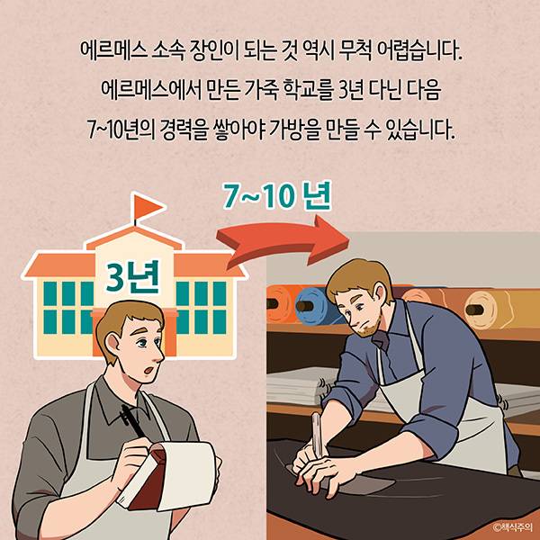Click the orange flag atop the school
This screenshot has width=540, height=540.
tap(147, 207)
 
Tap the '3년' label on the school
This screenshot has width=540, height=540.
tap(132, 277)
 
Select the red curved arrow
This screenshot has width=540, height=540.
tap(283, 241)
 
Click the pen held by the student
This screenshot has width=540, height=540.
tap(132, 421)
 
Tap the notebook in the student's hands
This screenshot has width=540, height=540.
tap(169, 475)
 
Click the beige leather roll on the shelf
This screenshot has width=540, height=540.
tap(487, 309)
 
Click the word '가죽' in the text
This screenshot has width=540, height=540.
tap(262, 90)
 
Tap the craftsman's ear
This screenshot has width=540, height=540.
tap(380, 292)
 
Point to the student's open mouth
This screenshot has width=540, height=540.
tap(149, 370)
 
